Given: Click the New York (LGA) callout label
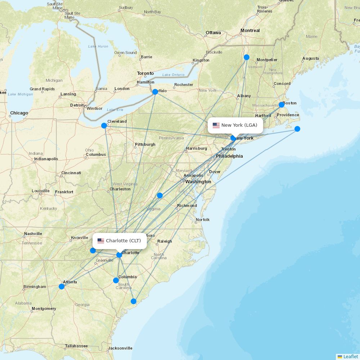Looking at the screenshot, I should tap(235, 125).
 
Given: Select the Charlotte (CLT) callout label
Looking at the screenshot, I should tap(120, 240).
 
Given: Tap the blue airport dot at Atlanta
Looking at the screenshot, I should tap(62, 287).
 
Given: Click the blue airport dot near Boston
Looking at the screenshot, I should tap(282, 105).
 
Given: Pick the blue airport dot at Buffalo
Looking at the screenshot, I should tap(155, 92).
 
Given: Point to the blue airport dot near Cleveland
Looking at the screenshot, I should tap(104, 126).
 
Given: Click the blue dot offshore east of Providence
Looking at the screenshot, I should tap(297, 129).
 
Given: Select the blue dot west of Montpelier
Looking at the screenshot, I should tap(247, 57).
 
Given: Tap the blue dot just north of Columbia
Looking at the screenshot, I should tap(116, 280).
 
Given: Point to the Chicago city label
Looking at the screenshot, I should tap(19, 113).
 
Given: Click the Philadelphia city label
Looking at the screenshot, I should tap(229, 156).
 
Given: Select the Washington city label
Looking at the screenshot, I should tap(198, 182).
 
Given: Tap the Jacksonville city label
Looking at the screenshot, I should tap(120, 348).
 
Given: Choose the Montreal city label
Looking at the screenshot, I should tap(250, 31).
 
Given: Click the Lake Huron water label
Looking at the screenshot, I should tap(98, 46).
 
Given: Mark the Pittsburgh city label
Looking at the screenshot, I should tap(145, 145).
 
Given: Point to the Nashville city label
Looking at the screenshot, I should tap(33, 234).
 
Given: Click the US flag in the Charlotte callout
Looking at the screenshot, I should tap(101, 241).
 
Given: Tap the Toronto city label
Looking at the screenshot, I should tap(145, 73).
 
